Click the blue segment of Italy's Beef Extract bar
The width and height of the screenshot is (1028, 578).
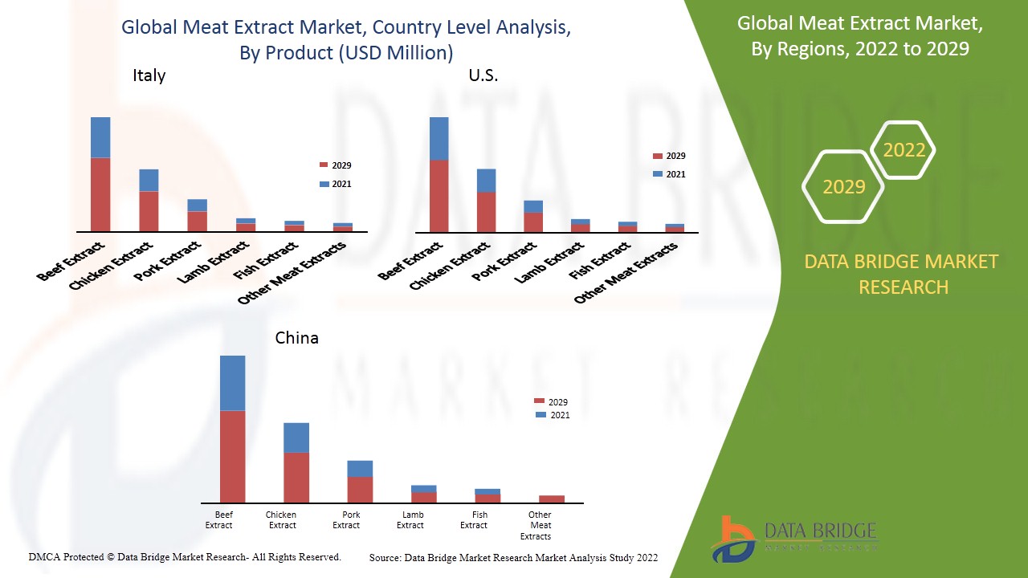[100, 137]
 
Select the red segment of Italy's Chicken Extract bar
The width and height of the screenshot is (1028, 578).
[149, 211]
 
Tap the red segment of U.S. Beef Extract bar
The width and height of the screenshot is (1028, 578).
[439, 196]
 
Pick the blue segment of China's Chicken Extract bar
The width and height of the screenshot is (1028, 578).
[296, 438]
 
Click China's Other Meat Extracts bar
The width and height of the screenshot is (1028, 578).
[552, 499]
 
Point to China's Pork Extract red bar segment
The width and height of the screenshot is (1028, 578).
[360, 490]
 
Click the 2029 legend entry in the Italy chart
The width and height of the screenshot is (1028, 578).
[336, 165]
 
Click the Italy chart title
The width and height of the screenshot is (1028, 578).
[149, 75]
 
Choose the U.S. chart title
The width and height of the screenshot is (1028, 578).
[483, 75]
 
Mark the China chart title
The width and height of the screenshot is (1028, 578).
[296, 337]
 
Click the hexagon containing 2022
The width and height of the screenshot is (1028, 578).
[904, 150]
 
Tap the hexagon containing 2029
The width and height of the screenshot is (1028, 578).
[843, 186]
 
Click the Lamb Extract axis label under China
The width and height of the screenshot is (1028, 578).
[410, 520]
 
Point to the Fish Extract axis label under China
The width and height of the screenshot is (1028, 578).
[474, 520]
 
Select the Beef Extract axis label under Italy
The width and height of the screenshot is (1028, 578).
[71, 261]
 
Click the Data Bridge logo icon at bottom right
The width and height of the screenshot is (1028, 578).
[732, 539]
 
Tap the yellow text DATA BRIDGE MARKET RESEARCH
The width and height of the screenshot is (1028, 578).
[903, 274]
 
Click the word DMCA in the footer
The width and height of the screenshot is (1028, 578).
[43, 556]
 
